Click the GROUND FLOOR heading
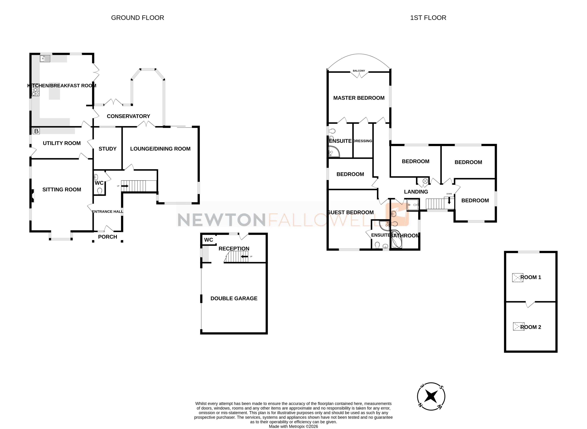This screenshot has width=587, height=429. click(x=137, y=18)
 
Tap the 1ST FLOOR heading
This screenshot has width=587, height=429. click(x=428, y=18)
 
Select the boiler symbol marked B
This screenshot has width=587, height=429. click(x=36, y=131)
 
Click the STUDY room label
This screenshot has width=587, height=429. click(x=107, y=149)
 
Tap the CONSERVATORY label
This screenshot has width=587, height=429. click(x=128, y=116)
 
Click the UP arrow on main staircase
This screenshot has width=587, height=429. click(x=125, y=186)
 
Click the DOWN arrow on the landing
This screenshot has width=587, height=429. click(x=449, y=201)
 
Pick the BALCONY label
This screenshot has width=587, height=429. click(x=359, y=71)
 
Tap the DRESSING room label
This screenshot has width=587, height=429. click(x=362, y=141)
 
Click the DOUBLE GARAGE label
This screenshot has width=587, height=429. click(x=234, y=298)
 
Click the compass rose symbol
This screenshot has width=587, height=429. click(x=431, y=396)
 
